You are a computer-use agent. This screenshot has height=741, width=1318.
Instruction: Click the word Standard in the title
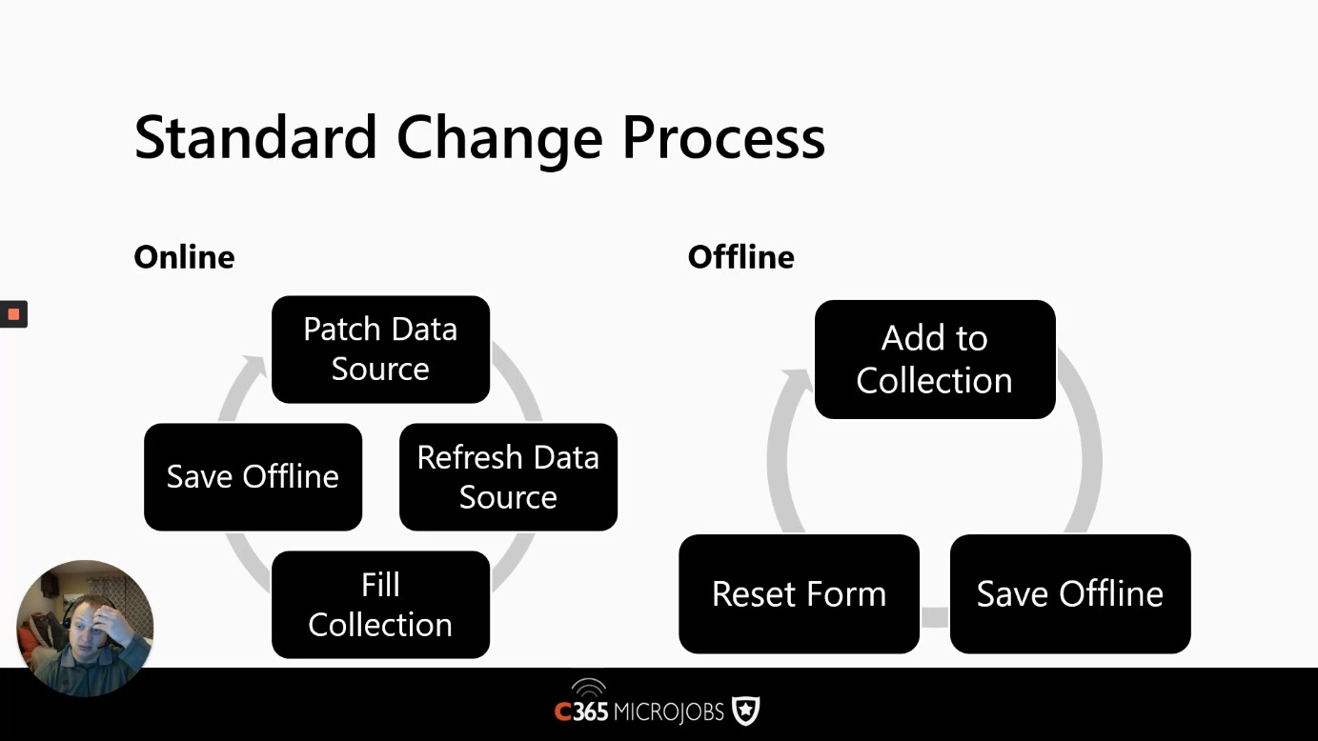[255, 137]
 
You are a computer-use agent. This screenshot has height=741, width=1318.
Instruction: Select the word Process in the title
[723, 137]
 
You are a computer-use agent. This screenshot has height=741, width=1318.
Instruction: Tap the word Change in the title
[500, 141]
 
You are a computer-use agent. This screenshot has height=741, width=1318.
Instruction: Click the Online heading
[184, 257]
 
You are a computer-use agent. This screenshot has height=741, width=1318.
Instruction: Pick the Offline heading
[740, 257]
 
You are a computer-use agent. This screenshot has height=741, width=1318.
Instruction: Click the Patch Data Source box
[380, 350]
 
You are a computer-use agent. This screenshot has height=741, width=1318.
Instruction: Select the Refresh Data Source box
[508, 477]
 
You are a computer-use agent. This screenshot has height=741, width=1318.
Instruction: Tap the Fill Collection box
[380, 605]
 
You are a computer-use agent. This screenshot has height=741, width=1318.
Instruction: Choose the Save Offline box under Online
[253, 477]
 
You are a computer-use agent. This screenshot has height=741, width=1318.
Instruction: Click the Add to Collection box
[935, 359]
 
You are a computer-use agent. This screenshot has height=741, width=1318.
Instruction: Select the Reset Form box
[799, 594]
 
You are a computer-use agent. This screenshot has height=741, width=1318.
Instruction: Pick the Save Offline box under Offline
[1070, 594]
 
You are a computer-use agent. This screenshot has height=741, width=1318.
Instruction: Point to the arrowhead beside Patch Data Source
[256, 365]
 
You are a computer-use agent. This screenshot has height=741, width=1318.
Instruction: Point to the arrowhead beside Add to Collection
[798, 380]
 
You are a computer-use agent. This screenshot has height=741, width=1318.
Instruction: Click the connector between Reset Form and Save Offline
[935, 617]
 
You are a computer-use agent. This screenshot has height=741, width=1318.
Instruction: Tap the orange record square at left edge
[13, 314]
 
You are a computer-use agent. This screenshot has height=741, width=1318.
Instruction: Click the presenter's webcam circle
[86, 628]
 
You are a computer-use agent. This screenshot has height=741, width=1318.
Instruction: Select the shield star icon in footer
[745, 711]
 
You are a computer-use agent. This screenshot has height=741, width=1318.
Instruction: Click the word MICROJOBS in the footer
[668, 712]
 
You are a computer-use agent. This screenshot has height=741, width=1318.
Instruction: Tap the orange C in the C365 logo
[562, 712]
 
